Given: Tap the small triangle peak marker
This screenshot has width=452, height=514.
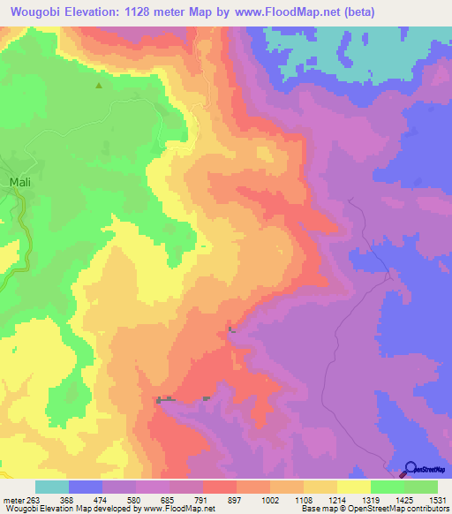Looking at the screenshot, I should pyautogui.click(x=98, y=86).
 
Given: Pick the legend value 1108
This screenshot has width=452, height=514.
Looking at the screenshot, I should pyautogui.click(x=303, y=500).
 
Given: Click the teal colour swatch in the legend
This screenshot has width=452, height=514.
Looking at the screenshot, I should pyautogui.click(x=51, y=487).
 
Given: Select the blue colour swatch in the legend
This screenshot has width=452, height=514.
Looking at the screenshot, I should pyautogui.click(x=85, y=487).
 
